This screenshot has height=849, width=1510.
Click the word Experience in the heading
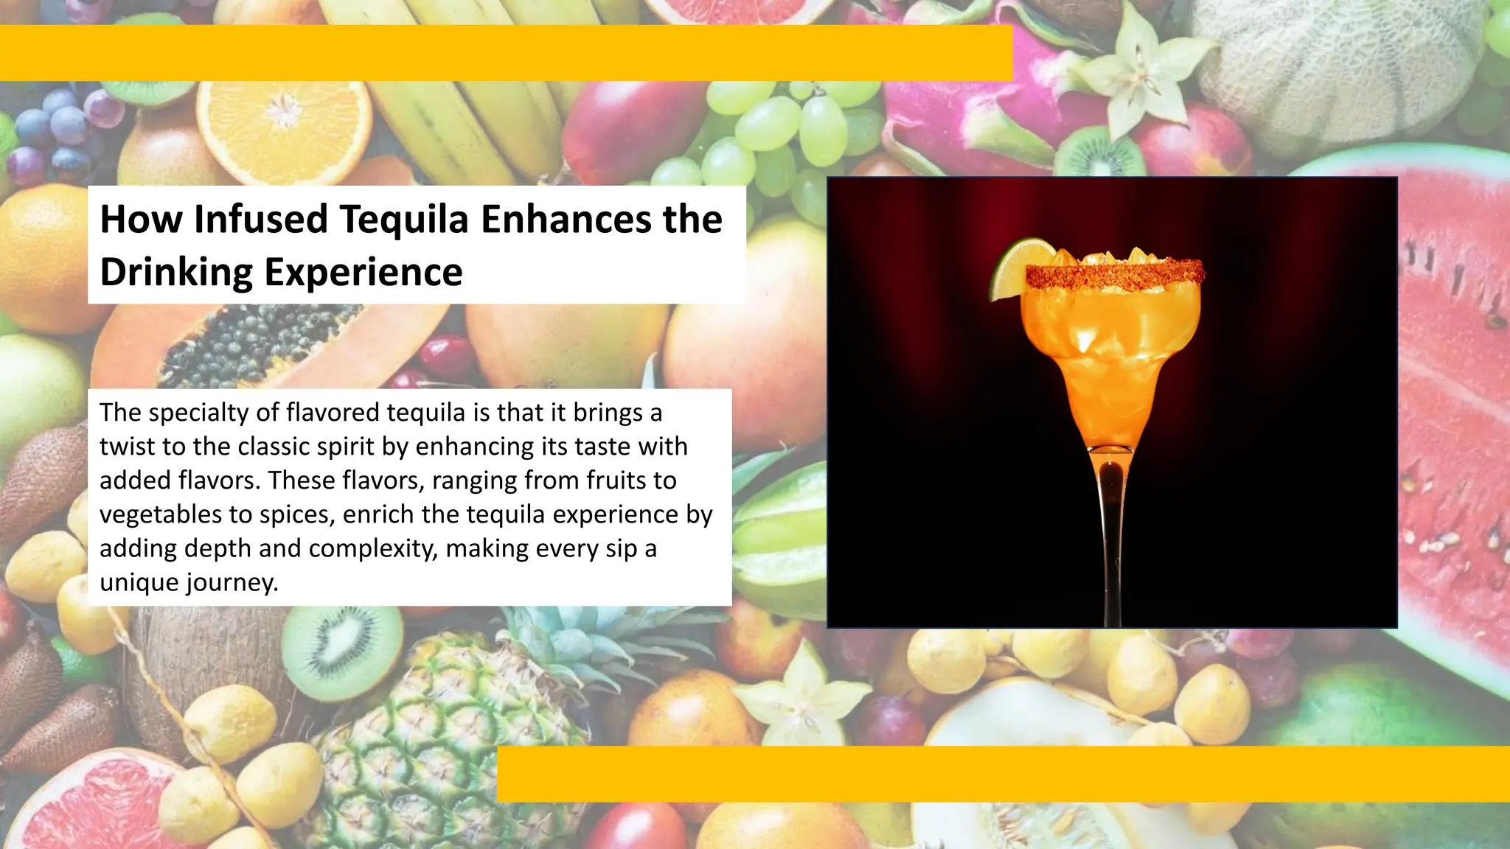click(363, 272)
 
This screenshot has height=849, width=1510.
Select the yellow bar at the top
click(506, 53)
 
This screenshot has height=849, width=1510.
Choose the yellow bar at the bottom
click(1003, 774)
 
